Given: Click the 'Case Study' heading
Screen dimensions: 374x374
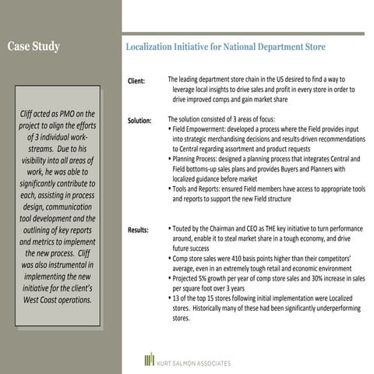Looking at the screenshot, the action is point(34,47).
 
